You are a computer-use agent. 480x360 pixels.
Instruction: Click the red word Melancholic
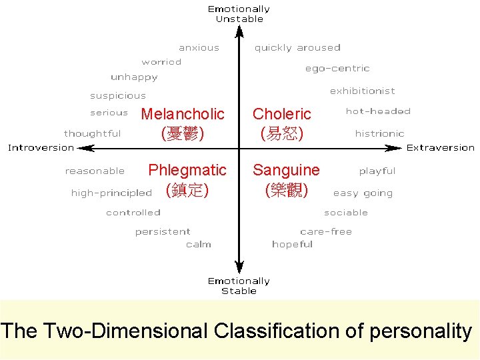[183, 114]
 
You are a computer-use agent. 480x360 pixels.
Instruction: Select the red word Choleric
[282, 114]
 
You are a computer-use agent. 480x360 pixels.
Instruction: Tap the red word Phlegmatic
[187, 170]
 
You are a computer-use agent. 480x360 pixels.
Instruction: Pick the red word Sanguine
[286, 170]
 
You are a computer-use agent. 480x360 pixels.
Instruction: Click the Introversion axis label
[41, 147]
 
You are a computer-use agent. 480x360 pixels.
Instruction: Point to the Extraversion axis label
[441, 147]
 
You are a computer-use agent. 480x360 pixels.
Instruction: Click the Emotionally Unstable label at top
[239, 14]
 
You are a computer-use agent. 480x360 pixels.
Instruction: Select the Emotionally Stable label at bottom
[239, 286]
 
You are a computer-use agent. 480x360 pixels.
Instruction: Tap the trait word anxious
[199, 48]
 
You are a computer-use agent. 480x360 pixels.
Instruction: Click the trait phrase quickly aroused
[297, 48]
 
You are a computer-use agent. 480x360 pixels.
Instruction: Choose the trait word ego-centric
[337, 68]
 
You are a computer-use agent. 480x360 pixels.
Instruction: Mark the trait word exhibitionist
[362, 91]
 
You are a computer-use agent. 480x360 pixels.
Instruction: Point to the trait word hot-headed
[378, 111]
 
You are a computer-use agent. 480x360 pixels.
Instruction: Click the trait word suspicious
[118, 96]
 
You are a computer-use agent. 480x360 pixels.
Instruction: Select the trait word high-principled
[111, 193]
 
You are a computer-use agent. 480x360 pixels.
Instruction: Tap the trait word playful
[377, 171]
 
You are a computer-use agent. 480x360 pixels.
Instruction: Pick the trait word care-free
[326, 231]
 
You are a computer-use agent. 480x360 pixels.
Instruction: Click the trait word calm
[199, 245]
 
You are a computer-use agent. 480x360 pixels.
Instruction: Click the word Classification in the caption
[289, 331]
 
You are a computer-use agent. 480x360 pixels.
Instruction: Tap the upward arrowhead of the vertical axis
[239, 30]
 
